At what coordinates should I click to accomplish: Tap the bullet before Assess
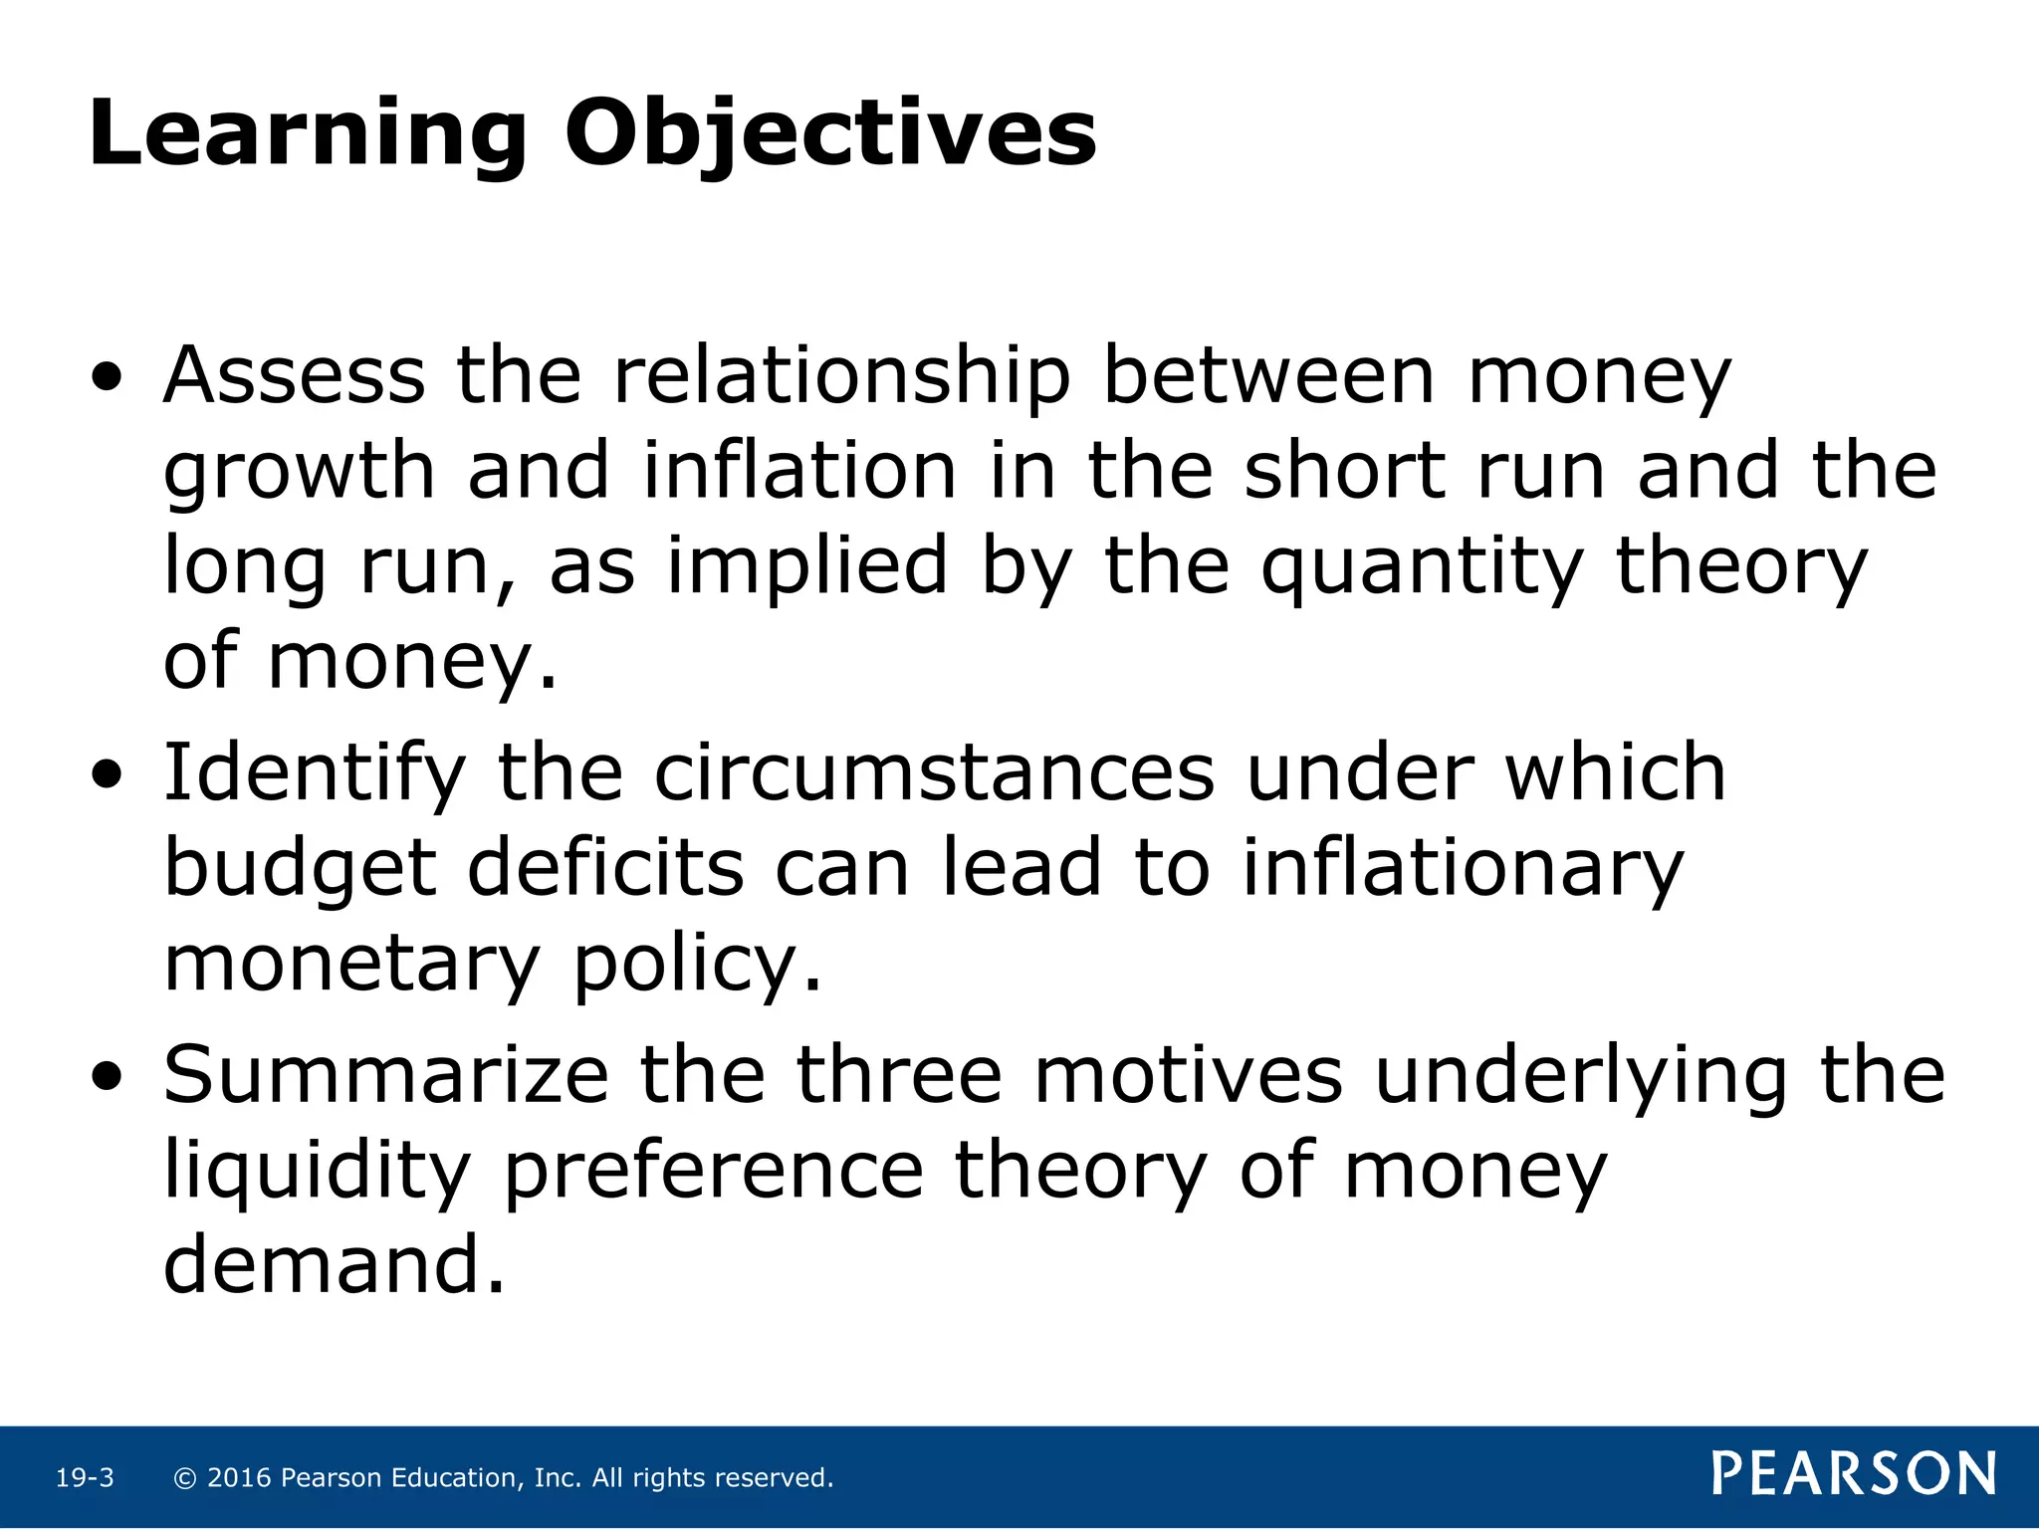tap(108, 378)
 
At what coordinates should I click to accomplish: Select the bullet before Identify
tap(108, 774)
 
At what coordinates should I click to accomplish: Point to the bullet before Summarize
tap(108, 1076)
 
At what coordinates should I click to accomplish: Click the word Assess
tap(295, 376)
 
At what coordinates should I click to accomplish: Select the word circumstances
tap(934, 773)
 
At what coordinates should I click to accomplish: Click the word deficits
tap(605, 868)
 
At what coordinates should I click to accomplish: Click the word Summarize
tap(385, 1075)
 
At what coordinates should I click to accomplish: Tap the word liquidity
tap(317, 1173)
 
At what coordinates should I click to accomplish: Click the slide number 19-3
tap(85, 1478)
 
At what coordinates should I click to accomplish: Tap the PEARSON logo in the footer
tap(1854, 1474)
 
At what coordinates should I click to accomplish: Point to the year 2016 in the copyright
tap(239, 1478)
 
